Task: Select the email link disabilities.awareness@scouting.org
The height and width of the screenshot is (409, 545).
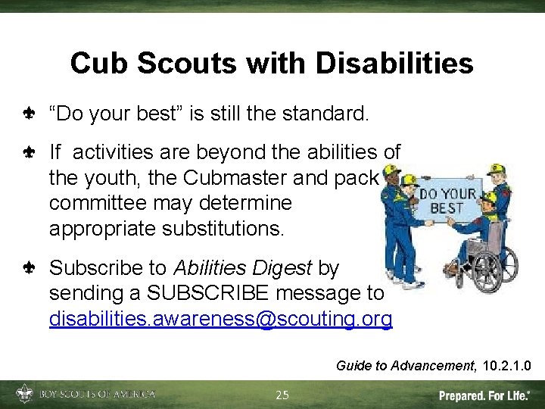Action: [x=220, y=319]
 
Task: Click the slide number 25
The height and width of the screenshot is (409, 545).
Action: [x=282, y=395]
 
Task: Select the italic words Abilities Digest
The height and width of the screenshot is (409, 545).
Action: [x=243, y=267]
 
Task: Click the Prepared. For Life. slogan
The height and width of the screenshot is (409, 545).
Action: [x=485, y=395]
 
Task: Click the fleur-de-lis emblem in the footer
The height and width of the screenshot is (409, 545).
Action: [x=25, y=394]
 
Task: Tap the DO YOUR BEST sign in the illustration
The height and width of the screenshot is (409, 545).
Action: [x=447, y=200]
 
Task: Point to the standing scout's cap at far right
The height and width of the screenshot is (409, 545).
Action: [x=497, y=168]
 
